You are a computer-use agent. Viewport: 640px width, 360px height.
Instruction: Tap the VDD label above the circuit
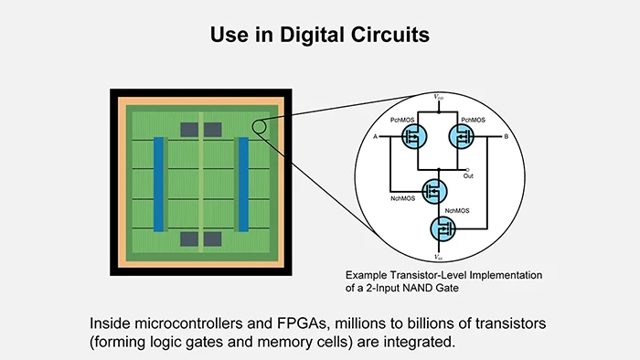point(440,95)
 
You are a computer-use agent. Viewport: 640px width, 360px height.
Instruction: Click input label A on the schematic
point(376,137)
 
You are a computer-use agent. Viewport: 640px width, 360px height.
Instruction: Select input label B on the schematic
point(506,137)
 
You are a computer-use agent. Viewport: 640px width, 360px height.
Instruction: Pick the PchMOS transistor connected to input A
point(416,138)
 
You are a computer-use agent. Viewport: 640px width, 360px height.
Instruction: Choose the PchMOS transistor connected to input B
point(464,138)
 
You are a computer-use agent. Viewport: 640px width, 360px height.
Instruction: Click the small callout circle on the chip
point(260,127)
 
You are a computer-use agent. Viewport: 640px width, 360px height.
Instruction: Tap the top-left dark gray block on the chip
point(187,128)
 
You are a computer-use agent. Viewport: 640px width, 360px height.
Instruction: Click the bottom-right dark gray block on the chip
point(214,239)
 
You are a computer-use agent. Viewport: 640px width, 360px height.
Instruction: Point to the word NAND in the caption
point(427,288)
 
